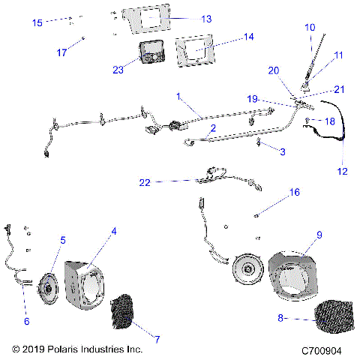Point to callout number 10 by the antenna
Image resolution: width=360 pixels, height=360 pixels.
309,28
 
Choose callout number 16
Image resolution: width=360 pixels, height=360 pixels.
294,193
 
